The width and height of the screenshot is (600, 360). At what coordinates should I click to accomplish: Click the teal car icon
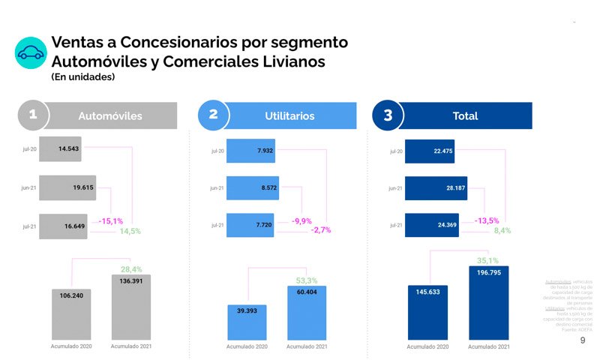[31, 52]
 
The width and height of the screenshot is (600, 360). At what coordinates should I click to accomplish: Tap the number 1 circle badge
[33, 115]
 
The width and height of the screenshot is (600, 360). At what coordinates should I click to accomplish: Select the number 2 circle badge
[214, 115]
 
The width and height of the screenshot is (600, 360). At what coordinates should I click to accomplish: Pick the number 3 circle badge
[388, 115]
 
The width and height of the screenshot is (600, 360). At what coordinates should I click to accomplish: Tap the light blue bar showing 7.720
[250, 224]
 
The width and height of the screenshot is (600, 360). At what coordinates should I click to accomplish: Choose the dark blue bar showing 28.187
[436, 188]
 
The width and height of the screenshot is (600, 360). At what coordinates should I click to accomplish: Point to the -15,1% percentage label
[111, 221]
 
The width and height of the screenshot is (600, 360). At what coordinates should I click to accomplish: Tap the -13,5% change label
[487, 220]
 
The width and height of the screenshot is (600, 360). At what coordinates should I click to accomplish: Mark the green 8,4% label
[502, 231]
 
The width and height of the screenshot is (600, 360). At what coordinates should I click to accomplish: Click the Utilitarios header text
[289, 116]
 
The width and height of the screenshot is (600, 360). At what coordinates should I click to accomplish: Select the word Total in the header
[465, 116]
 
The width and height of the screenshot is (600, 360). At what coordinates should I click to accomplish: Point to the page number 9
[583, 340]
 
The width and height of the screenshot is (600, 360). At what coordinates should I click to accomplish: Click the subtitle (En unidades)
[82, 76]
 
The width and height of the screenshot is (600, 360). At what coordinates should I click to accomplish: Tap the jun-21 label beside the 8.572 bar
[216, 187]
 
